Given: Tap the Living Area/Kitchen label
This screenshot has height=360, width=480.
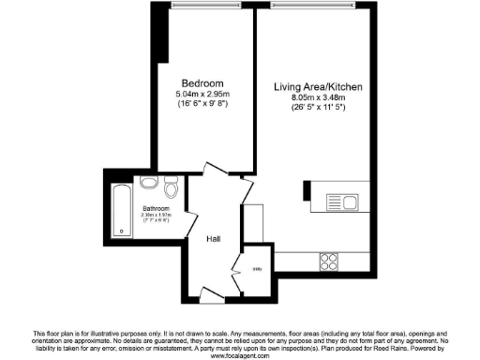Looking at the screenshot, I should pyautogui.click(x=318, y=88).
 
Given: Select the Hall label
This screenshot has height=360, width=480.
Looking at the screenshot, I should pyautogui.click(x=215, y=240).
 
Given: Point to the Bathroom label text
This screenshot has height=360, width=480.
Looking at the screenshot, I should pyautogui.click(x=156, y=208).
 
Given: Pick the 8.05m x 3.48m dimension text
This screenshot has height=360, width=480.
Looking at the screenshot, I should pyautogui.click(x=318, y=98).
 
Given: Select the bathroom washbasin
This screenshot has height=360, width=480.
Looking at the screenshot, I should pyautogui.click(x=147, y=185).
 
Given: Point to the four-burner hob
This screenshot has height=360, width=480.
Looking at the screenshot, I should pyautogui.click(x=329, y=260).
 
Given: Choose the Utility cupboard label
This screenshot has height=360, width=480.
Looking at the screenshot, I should pyautogui.click(x=258, y=271).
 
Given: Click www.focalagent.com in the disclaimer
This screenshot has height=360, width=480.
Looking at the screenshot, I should pyautogui.click(x=240, y=355).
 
